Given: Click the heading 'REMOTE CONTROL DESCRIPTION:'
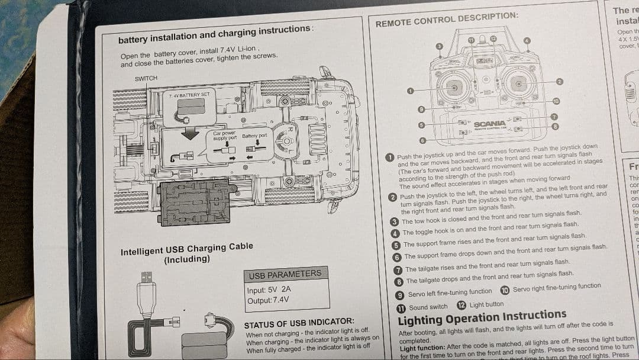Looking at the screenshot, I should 447,19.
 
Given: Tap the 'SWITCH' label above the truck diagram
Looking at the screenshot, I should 146,79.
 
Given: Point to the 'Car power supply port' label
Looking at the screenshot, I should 225,136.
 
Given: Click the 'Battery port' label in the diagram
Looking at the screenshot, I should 254,136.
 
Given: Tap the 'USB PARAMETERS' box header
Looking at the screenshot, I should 285,275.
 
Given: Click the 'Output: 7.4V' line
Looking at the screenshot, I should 268,300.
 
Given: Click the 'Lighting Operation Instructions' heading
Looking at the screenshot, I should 482,317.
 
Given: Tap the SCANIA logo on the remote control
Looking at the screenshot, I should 489,123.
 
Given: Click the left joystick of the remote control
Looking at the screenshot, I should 454,88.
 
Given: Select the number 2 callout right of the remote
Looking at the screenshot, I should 559,81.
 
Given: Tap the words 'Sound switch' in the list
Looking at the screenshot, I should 428,307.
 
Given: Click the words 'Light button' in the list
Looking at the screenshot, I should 486,304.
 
